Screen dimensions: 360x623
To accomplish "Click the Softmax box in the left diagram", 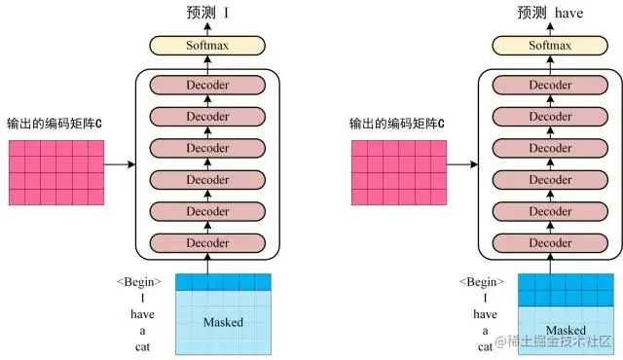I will click(x=206, y=46).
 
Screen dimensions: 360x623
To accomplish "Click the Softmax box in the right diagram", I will click(x=549, y=46).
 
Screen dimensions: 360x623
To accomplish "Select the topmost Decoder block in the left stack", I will click(x=206, y=86).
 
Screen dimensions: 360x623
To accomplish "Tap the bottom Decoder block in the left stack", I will click(x=206, y=242).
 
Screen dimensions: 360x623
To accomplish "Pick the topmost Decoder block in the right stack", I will click(x=549, y=86).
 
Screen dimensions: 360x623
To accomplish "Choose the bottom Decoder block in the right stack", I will click(x=549, y=242).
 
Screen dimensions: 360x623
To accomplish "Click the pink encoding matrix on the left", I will click(x=55, y=164).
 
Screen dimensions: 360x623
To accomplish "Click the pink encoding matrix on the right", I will click(x=398, y=164).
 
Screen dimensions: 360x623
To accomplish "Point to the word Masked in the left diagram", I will click(x=224, y=322).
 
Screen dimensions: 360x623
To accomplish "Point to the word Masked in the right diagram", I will click(x=566, y=330).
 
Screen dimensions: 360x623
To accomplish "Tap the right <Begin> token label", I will click(x=485, y=282).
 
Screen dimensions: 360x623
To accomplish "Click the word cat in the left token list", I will click(x=142, y=346).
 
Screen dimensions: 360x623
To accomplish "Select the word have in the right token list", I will click(x=485, y=314).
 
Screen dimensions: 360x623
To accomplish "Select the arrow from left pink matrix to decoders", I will click(x=118, y=164).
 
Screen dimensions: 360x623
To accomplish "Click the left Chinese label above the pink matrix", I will click(x=55, y=124).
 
